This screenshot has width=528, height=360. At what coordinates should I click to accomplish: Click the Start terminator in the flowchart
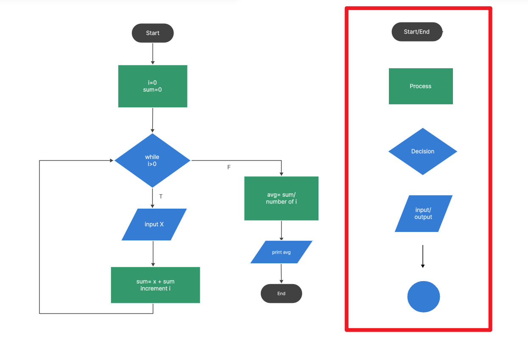tap(153, 33)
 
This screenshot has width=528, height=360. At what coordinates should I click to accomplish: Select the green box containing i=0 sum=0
tap(153, 86)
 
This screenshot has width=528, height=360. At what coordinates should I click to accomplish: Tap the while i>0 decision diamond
tap(152, 160)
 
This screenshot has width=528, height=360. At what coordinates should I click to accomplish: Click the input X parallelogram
tap(154, 224)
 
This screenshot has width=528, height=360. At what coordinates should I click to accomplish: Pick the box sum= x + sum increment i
tap(155, 285)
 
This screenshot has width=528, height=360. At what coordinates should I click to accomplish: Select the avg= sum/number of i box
tap(281, 198)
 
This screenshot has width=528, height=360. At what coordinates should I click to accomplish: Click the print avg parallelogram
tap(281, 252)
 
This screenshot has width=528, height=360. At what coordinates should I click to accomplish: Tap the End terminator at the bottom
tap(281, 293)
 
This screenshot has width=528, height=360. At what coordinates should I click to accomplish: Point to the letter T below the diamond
tap(161, 196)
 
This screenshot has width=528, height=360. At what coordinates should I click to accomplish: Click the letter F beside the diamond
tap(229, 167)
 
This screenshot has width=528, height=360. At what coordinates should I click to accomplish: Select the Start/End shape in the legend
tap(417, 32)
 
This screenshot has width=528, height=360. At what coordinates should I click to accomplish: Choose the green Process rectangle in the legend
tap(421, 86)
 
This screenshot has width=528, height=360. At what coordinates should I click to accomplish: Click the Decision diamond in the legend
tap(423, 151)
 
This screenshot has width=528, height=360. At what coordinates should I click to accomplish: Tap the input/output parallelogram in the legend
tap(423, 214)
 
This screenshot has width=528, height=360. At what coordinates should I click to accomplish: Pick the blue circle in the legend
tap(424, 297)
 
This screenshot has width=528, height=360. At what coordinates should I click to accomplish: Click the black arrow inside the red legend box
tap(422, 256)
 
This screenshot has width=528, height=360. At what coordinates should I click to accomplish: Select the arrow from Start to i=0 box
tap(153, 53)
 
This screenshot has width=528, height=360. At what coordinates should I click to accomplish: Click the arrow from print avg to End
tap(281, 273)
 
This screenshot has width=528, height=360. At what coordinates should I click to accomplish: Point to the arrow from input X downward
tap(153, 254)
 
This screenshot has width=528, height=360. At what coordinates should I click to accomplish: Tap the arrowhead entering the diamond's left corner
tap(112, 161)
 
